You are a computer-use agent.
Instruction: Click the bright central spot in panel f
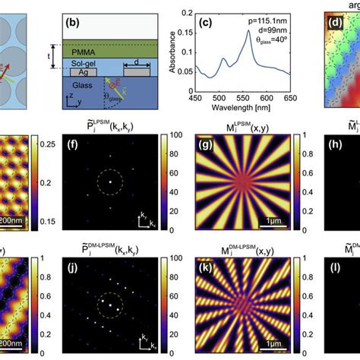click(110, 182)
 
